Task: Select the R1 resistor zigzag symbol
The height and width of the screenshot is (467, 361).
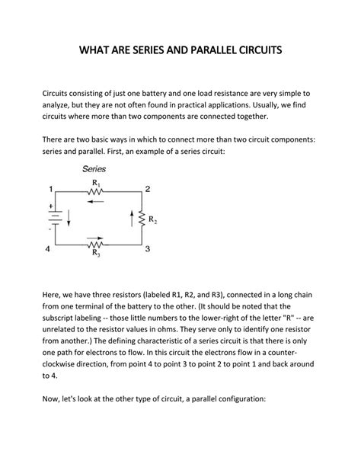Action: point(97,193)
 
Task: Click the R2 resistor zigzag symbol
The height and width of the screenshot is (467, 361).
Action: point(142,219)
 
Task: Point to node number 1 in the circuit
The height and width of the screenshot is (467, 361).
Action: point(50,188)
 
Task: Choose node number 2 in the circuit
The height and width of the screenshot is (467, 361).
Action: point(148,188)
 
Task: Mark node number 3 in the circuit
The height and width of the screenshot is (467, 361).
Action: point(148,249)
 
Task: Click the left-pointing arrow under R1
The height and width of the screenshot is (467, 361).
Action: point(97,203)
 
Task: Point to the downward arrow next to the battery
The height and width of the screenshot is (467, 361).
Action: point(69,221)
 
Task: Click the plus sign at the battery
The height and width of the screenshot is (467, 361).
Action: point(51,206)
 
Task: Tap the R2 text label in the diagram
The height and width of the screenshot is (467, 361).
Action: point(152,220)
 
